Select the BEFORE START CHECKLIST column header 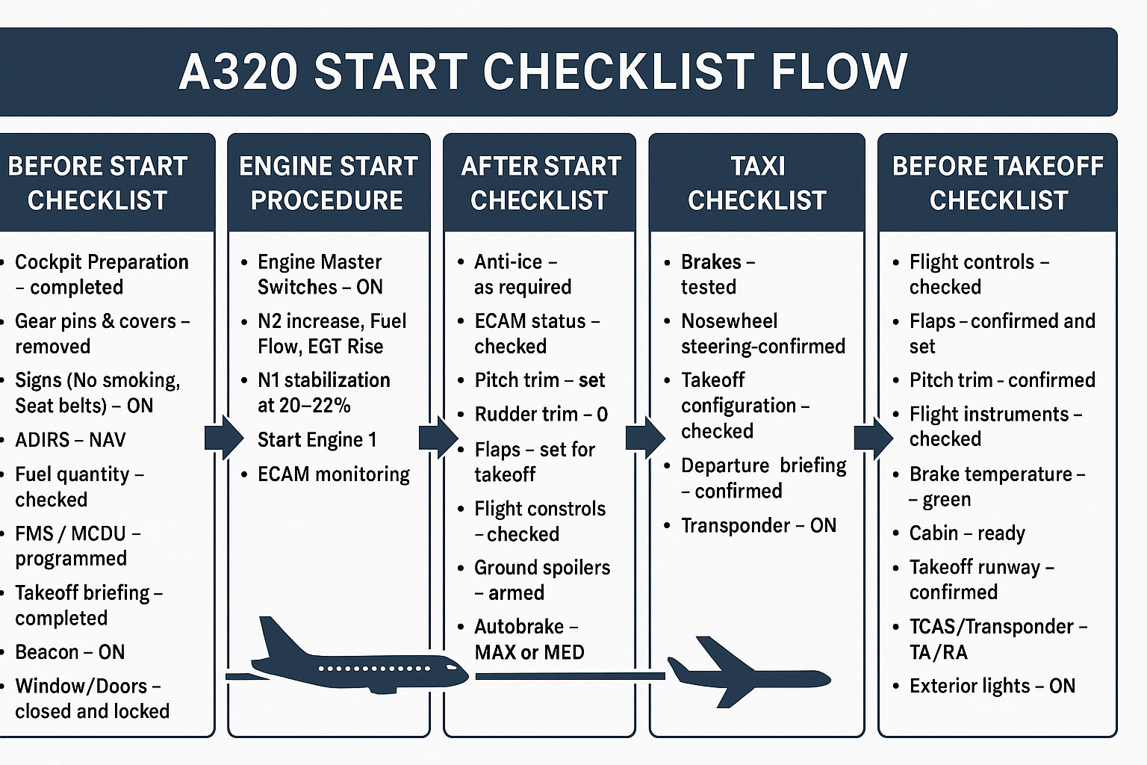[x=97, y=183]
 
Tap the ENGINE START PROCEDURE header [x=328, y=183]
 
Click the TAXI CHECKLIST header [x=756, y=183]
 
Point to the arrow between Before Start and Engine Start [x=223, y=438]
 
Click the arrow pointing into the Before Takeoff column [x=873, y=438]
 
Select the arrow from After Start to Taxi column [x=644, y=438]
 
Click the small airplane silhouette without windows [x=747, y=672]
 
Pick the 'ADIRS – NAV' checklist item [x=70, y=440]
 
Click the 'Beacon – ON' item [x=70, y=652]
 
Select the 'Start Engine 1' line [x=317, y=440]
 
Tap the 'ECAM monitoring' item [x=333, y=474]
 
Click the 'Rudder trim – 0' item [x=541, y=414]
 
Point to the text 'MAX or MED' [x=529, y=652]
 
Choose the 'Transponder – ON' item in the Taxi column [x=758, y=526]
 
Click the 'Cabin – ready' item [x=967, y=533]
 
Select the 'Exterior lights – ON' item [x=992, y=686]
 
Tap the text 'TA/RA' [x=938, y=652]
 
